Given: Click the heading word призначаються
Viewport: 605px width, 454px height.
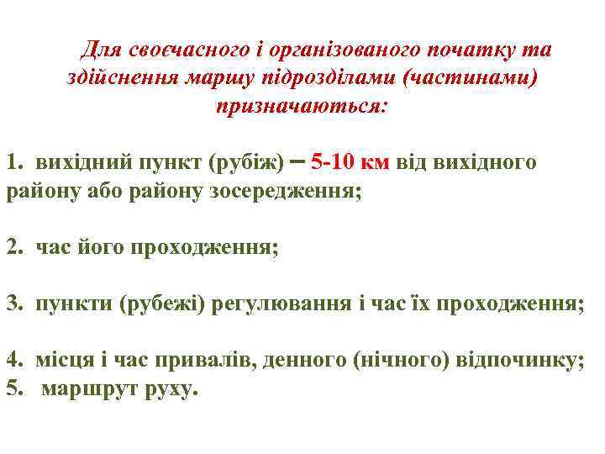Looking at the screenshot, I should (302, 108).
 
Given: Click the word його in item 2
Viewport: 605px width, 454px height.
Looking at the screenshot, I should (95, 249).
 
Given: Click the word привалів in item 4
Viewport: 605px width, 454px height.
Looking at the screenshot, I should (217, 361).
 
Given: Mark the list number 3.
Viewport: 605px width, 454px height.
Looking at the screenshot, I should (13, 303).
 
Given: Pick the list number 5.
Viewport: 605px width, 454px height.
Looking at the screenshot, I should (13, 389).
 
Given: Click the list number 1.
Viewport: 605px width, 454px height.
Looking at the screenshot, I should (13, 161).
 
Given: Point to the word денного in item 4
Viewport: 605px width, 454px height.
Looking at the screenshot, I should (300, 361).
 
